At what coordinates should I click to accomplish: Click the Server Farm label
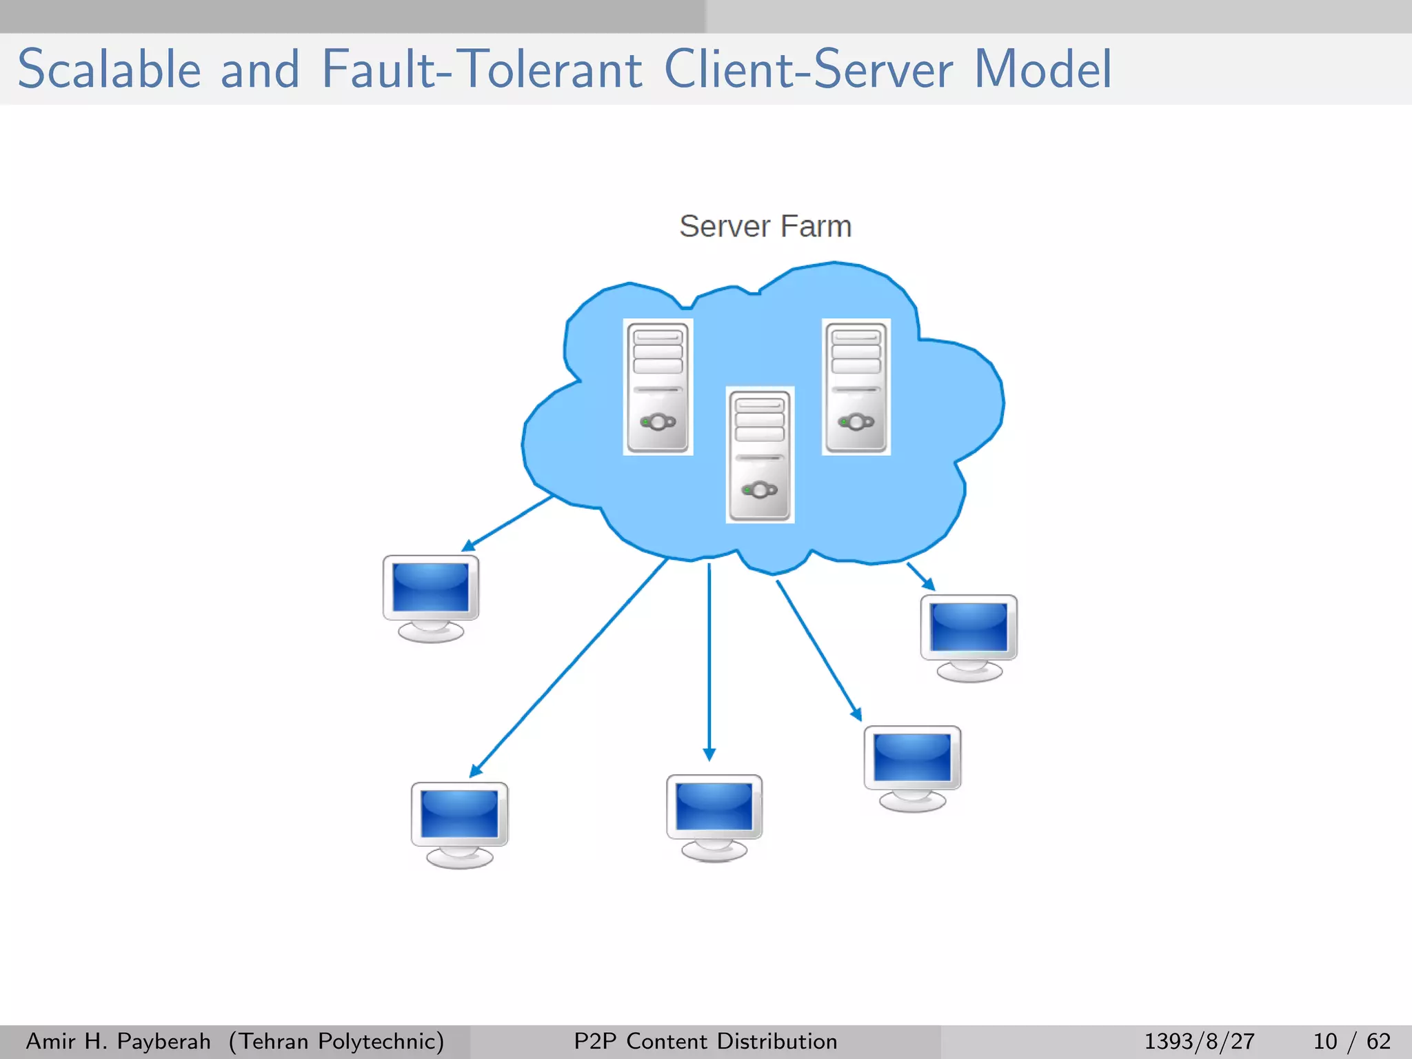tap(765, 226)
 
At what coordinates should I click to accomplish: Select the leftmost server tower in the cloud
tap(658, 387)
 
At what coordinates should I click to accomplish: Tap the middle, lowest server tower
tap(760, 454)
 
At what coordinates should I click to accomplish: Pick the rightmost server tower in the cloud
tap(856, 387)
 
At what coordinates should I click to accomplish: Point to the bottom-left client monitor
tap(459, 824)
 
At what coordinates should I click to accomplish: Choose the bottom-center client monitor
tap(714, 817)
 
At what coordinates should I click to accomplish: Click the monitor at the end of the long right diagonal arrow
tap(912, 767)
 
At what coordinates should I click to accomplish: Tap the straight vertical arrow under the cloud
tap(709, 662)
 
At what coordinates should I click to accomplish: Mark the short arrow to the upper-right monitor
tap(920, 576)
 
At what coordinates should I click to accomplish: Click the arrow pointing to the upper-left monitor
tap(507, 524)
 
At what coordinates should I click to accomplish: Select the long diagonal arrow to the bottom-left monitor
tap(569, 667)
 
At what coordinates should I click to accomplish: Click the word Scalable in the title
tap(109, 70)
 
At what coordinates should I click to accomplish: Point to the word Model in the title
tap(1042, 70)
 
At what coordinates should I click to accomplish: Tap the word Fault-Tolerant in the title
tap(482, 70)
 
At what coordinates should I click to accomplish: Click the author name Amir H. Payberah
tap(118, 1041)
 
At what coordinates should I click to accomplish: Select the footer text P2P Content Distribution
tap(705, 1041)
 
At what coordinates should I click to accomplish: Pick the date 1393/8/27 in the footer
tap(1199, 1041)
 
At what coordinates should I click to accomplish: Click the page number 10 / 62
tap(1351, 1041)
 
